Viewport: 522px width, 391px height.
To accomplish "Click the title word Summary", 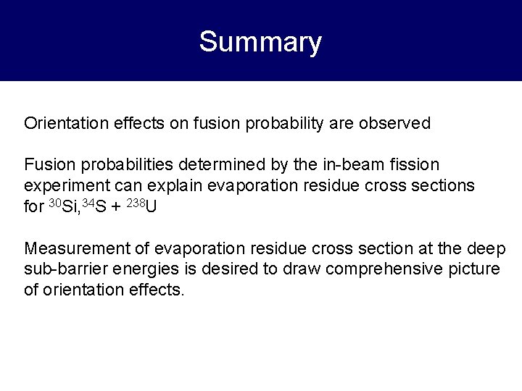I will click(x=260, y=42).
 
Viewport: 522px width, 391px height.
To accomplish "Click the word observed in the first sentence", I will click(x=395, y=123).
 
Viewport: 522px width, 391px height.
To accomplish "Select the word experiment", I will click(x=65, y=185).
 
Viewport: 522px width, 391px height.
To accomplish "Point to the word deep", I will click(x=488, y=249).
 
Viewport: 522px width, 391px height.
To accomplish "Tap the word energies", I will click(x=138, y=269).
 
